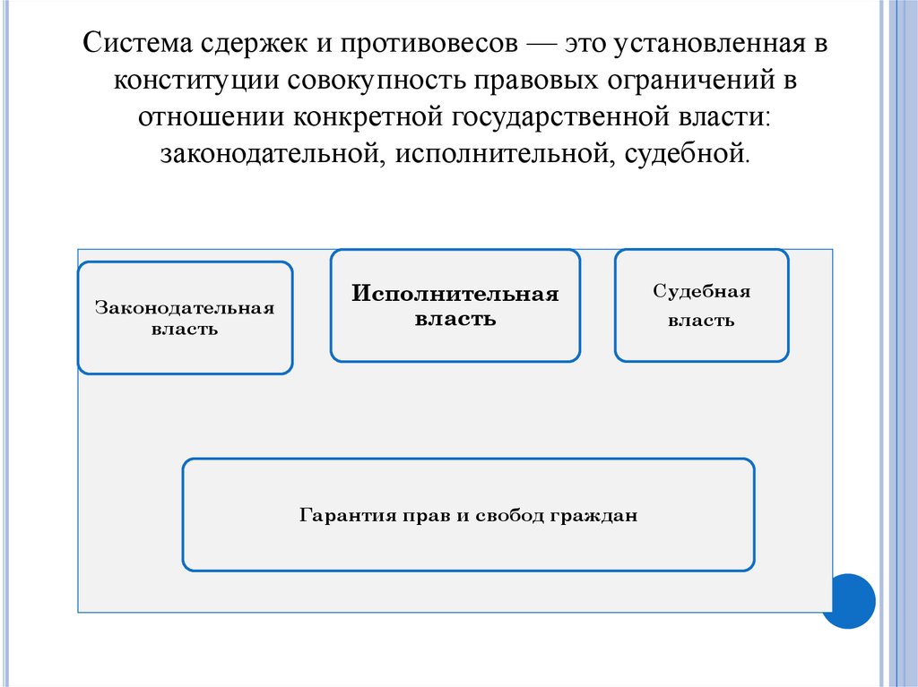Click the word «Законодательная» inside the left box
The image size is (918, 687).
(x=185, y=308)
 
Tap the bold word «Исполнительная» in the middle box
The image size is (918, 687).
(x=455, y=294)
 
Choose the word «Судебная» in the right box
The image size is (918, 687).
(x=701, y=292)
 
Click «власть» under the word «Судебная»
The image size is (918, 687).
(x=701, y=321)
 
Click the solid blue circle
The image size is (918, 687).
(x=847, y=601)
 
